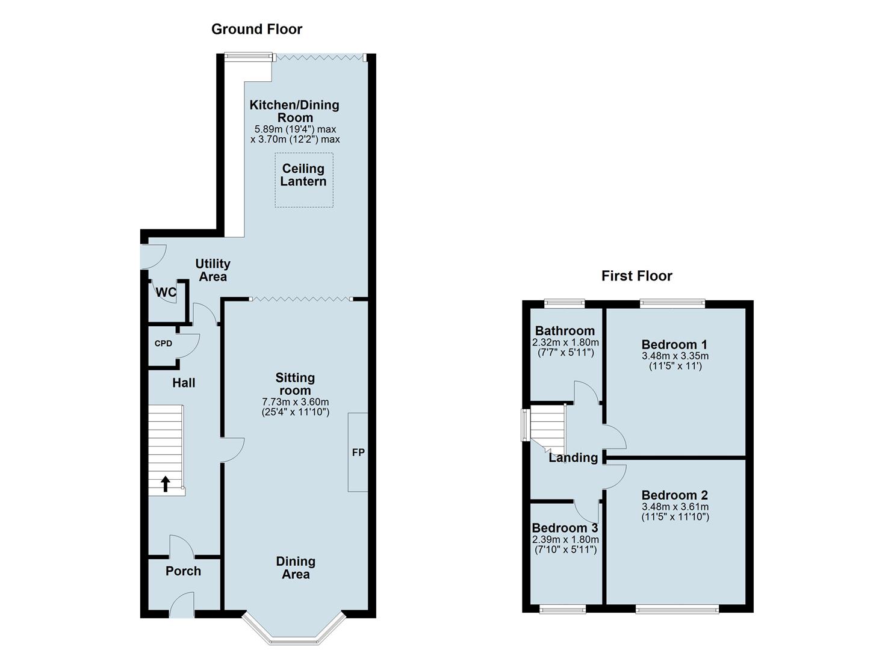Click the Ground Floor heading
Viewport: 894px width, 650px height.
point(256,29)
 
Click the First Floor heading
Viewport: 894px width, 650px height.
point(636,276)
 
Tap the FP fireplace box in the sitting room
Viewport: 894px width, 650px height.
point(358,452)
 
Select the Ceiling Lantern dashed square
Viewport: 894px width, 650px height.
point(303,179)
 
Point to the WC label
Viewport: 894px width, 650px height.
point(166,292)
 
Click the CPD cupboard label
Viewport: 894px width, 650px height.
point(163,344)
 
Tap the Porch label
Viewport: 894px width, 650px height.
point(183,571)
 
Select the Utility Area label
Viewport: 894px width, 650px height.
point(213,270)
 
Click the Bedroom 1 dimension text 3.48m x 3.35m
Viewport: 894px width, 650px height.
point(674,356)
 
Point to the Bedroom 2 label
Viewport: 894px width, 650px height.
point(674,495)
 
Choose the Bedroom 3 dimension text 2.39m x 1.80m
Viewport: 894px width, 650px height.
point(565,539)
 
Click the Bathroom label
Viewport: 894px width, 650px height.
point(565,330)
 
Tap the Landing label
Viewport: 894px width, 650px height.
point(573,457)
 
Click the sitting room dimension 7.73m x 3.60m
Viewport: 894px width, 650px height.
point(295,402)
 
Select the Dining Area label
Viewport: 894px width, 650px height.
point(295,568)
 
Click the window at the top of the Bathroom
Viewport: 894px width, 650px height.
point(564,303)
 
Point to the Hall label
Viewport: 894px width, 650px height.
point(184,383)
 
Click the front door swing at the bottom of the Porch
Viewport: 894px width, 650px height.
point(182,605)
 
